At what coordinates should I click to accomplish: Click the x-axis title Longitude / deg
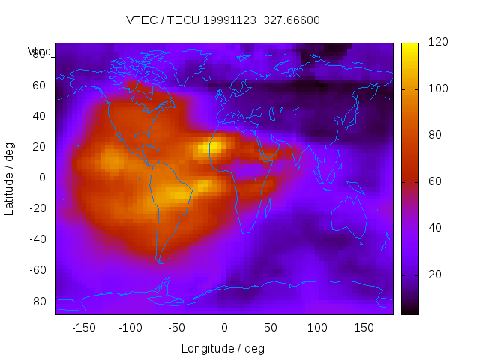(x=223, y=348)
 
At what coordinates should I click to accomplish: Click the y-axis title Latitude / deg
(x=10, y=178)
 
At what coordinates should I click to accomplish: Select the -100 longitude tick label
(x=130, y=328)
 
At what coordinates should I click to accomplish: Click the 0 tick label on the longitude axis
(x=223, y=328)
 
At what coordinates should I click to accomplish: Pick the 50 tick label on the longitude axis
(x=271, y=328)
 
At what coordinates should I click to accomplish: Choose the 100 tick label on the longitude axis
(x=317, y=328)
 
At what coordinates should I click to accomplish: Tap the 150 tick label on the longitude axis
(x=364, y=328)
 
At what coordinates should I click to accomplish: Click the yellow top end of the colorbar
(x=409, y=47)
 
